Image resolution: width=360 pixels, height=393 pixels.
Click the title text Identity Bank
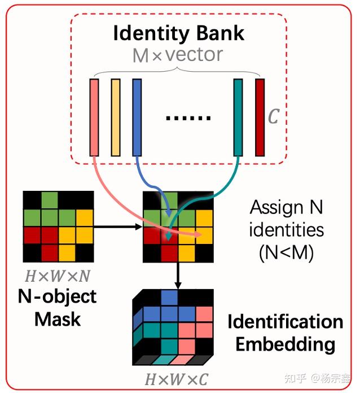click(179, 33)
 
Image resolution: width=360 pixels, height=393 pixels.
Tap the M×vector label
click(178, 55)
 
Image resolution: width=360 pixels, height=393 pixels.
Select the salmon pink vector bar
click(94, 117)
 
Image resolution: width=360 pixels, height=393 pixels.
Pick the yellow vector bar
click(116, 117)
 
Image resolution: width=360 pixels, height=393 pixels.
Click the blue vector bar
click(137, 117)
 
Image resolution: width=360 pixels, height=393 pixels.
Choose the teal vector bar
click(238, 117)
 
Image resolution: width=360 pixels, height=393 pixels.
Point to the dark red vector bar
click(260, 117)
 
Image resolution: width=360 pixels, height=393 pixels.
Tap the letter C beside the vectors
click(273, 117)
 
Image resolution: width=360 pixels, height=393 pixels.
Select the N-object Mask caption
click(58, 308)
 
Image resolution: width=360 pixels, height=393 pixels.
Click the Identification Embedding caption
click(285, 333)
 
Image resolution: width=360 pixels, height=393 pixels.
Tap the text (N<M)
click(286, 253)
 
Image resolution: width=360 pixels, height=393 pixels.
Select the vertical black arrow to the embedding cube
click(178, 276)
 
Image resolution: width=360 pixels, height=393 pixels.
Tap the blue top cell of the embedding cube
click(169, 297)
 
